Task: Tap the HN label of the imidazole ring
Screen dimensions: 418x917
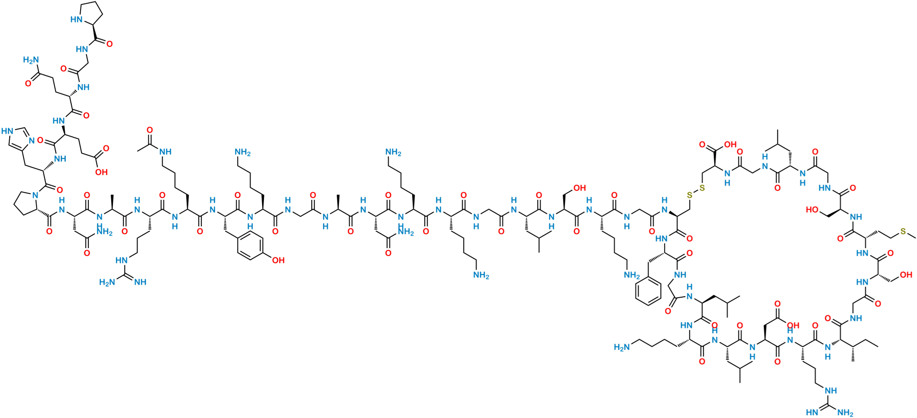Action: click(8, 131)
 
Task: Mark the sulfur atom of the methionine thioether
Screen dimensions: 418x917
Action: click(904, 231)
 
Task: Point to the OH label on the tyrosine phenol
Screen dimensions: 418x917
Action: click(278, 261)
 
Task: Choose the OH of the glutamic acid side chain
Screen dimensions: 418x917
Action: click(100, 172)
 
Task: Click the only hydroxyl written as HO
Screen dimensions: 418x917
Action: click(810, 209)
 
